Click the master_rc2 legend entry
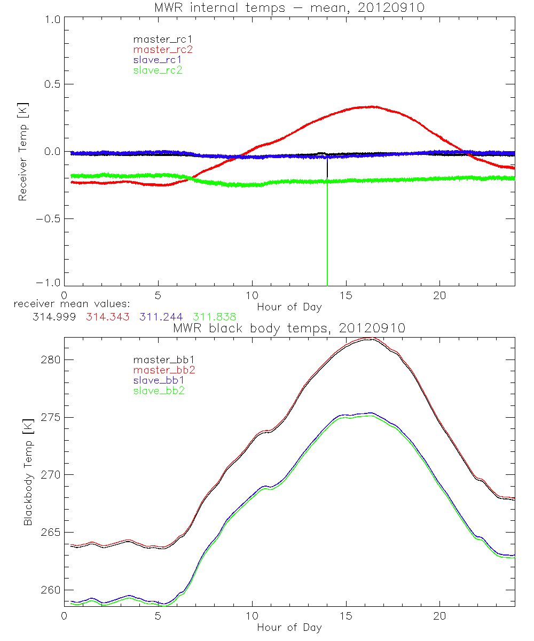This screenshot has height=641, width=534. click(x=163, y=50)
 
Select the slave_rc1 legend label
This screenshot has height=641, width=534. click(x=158, y=60)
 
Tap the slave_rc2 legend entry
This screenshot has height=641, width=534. click(x=158, y=70)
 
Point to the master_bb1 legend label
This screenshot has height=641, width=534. click(x=163, y=359)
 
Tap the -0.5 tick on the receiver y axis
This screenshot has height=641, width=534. click(x=49, y=218)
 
